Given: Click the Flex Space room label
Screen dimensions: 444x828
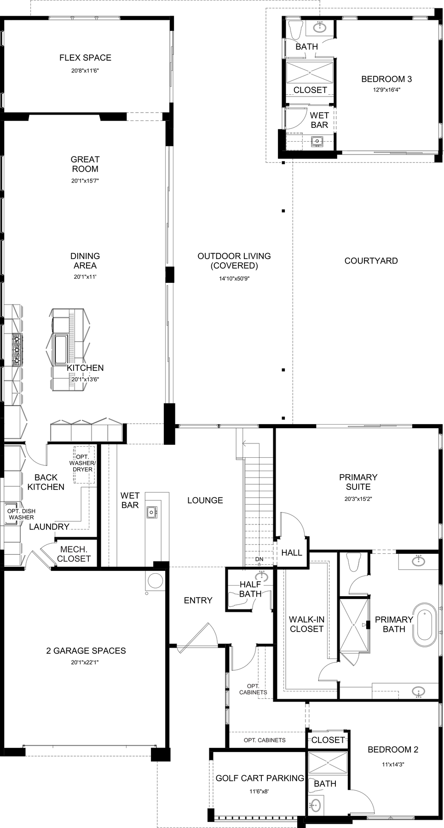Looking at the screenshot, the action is click(85, 58).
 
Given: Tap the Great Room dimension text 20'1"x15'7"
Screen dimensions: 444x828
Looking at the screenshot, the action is click(85, 181).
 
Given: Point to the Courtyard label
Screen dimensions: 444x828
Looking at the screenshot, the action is click(371, 261).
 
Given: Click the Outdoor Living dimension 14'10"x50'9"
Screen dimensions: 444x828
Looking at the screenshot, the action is click(234, 278).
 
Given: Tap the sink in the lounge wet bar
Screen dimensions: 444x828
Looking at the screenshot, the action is click(152, 512).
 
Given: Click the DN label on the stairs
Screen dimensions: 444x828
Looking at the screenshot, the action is click(259, 559).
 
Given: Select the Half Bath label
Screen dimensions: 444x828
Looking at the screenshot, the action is click(250, 589).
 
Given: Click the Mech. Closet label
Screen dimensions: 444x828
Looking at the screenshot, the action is click(74, 554).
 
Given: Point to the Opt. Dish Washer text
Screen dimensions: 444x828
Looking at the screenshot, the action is click(21, 514).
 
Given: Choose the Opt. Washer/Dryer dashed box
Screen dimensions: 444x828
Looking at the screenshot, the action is click(84, 465).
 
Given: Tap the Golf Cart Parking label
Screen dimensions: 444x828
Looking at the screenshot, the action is click(260, 778).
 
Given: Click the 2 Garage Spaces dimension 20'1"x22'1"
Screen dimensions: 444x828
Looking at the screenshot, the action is click(85, 662).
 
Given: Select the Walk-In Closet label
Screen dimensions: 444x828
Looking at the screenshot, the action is click(306, 624).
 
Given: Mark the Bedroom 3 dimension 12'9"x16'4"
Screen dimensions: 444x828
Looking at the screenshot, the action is click(386, 90).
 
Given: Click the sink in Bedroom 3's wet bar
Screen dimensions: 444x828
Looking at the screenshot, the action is click(317, 141).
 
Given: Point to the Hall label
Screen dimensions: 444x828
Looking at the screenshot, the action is click(292, 552).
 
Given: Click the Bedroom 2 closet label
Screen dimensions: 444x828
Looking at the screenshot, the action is click(328, 740).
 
